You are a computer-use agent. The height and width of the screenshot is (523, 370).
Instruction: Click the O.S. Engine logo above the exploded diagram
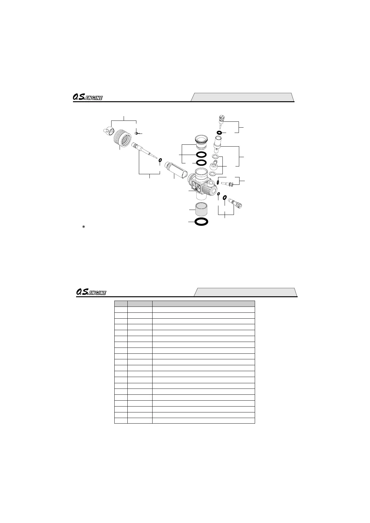point(88,98)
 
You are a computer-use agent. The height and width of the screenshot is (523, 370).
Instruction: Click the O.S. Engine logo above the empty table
point(91,292)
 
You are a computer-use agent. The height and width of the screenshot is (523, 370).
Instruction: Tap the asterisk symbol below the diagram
point(83,227)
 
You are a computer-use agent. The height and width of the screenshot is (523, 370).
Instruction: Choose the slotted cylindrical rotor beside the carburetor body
point(176,169)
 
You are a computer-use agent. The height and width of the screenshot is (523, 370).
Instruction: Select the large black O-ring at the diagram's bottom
point(201,221)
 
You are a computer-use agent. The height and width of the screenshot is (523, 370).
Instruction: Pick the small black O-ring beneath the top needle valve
point(219,133)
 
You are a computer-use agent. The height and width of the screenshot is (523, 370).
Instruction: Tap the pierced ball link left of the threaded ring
point(108,131)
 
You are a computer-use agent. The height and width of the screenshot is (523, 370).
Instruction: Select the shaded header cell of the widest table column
point(203,304)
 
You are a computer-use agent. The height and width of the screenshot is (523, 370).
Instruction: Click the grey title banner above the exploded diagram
point(242,97)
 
